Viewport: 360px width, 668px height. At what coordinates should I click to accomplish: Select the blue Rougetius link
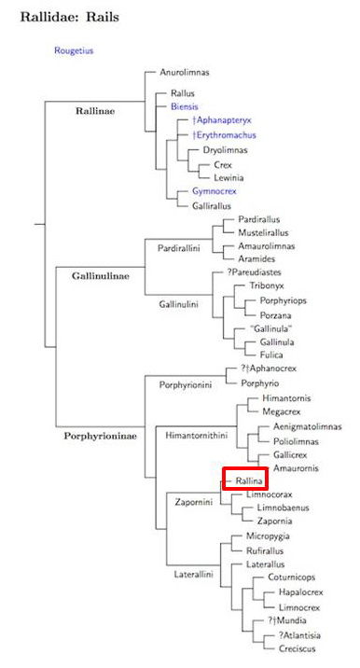coord(74,50)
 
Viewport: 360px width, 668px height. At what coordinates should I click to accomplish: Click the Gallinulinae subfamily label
coord(101,275)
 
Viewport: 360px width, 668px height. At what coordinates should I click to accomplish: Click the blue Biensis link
coord(185,107)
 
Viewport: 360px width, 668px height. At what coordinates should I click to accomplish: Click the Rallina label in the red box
coord(245,480)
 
